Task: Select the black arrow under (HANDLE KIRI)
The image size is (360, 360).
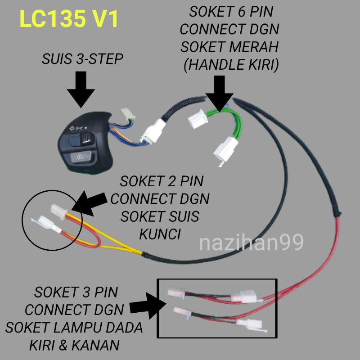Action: (x=220, y=95)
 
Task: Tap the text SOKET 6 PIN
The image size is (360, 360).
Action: (x=229, y=12)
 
